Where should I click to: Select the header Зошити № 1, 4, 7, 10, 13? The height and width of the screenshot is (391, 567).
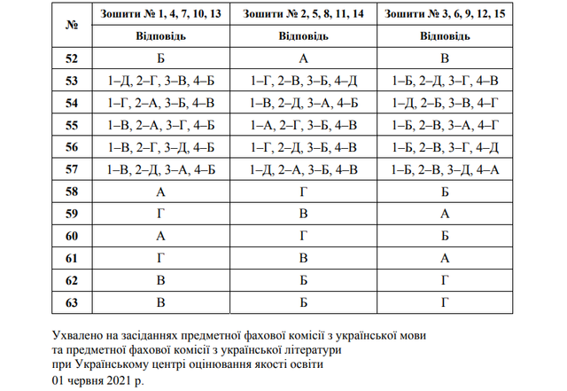coord(161,15)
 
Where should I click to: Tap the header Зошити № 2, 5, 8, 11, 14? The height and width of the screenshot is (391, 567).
coord(304,15)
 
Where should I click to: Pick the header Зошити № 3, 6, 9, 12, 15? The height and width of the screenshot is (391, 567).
coord(447,15)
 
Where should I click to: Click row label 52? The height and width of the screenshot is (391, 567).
coord(74,59)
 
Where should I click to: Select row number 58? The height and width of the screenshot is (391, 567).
coord(74,192)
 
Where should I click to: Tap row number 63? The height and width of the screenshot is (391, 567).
coord(74,302)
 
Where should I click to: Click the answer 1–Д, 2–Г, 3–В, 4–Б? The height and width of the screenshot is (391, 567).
coord(161,82)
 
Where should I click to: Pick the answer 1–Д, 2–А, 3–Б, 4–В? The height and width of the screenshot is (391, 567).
coord(304,169)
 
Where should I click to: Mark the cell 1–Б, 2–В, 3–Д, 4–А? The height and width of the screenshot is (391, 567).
coord(447,169)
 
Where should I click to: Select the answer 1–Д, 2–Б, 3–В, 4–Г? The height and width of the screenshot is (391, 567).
coord(447,104)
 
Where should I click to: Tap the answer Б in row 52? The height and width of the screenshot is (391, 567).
coord(161,59)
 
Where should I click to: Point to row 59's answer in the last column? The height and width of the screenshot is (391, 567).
coord(447,214)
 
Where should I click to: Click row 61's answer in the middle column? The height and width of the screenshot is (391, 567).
coord(304,258)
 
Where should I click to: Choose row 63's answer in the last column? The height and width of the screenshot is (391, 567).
coord(447,302)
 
